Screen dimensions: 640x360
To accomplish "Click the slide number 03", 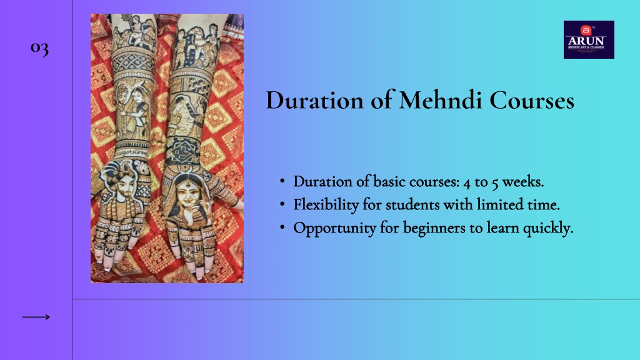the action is pos(39,48).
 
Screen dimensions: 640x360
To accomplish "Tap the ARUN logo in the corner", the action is pos(589,39).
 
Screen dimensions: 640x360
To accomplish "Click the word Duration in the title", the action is pos(315,100).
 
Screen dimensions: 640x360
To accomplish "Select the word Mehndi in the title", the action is pos(441,100).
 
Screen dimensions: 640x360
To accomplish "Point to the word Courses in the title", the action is pos(532,100).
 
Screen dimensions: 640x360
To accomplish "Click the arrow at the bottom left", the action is pos(36,317).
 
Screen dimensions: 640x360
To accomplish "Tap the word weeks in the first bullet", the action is pos(522,182).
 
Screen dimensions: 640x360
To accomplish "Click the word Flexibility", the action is pos(326,204).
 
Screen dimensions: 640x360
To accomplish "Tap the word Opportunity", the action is pos(335,227).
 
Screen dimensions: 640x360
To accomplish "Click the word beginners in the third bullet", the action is pos(434,227).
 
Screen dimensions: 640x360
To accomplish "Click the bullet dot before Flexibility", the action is pos(282,204).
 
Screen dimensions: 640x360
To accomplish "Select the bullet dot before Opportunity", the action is pos(282,227).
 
